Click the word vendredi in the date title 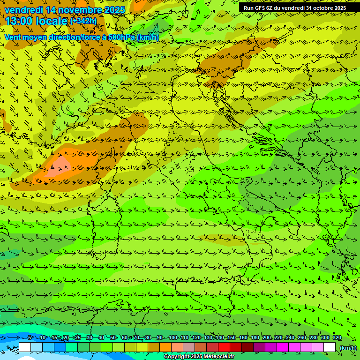[23, 10]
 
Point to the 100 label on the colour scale [172, 338]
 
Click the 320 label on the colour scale [337, 338]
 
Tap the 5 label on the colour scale [30, 338]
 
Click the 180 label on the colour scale [255, 338]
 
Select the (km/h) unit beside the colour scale [348, 348]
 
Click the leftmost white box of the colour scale [25, 347]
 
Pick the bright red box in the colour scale [224, 347]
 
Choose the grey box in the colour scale [189, 347]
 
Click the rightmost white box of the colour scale [330, 347]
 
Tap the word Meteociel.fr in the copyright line [219, 357]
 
